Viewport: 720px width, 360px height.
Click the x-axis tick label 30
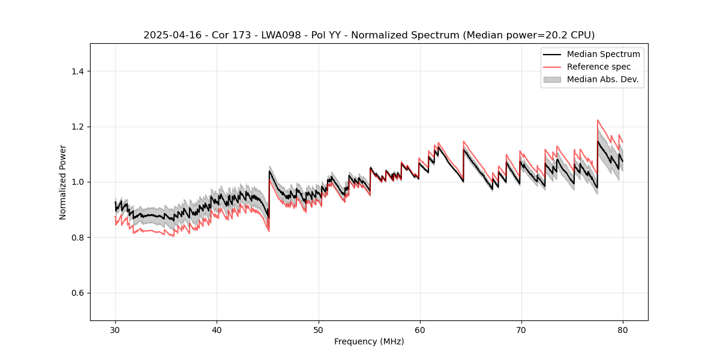click(x=115, y=329)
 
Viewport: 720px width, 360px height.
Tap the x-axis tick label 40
click(x=217, y=329)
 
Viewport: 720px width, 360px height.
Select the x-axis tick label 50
click(x=318, y=329)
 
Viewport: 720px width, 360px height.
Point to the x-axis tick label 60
click(x=419, y=329)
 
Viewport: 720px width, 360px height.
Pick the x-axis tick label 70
click(x=521, y=329)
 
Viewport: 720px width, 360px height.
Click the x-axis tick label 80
click(x=622, y=329)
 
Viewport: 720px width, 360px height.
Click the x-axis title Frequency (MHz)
click(x=369, y=341)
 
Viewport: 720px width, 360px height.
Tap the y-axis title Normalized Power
click(x=62, y=182)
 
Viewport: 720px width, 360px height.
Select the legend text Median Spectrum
click(x=603, y=54)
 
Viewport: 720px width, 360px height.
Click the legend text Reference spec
click(x=599, y=67)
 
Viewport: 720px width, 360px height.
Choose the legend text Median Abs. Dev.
click(x=602, y=79)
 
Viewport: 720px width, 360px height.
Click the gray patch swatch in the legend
click(x=552, y=79)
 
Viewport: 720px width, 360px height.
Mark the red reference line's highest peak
click(x=598, y=120)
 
